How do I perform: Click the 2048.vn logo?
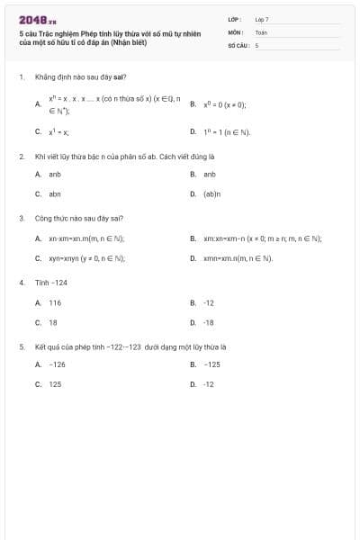coord(39,19)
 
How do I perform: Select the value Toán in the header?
coord(261,31)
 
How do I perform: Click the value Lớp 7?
coord(262,19)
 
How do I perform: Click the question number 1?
coord(21,77)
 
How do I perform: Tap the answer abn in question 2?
coord(55,193)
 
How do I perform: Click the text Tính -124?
coord(51,283)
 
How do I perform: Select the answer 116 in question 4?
coord(55,303)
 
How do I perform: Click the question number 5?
coord(21,346)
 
